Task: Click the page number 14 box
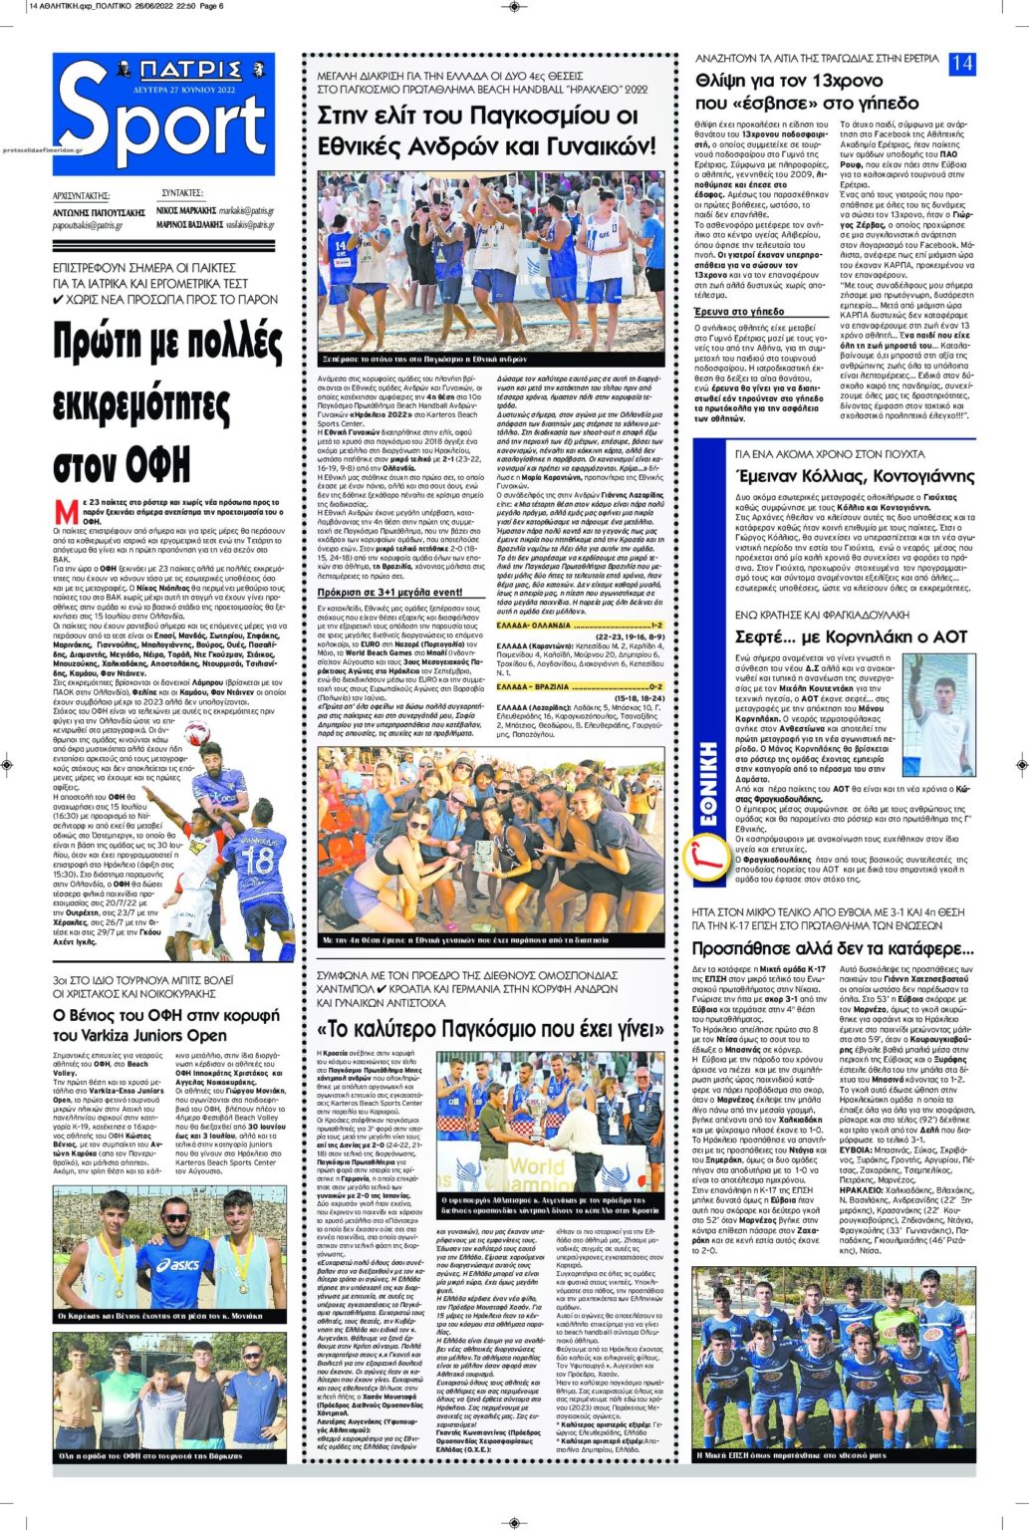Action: point(962,63)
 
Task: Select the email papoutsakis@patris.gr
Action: point(88,226)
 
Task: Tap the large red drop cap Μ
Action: point(66,511)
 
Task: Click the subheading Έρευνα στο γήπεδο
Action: point(739,312)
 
